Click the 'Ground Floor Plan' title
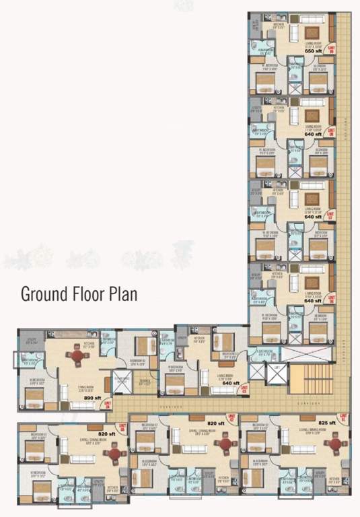79,294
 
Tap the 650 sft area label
314,50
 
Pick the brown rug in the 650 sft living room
312,32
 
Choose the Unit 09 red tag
331,48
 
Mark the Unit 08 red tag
330,132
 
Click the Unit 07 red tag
330,215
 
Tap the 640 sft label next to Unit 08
313,134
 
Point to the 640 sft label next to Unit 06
313,302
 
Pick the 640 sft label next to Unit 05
231,402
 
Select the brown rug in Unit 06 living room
312,283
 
